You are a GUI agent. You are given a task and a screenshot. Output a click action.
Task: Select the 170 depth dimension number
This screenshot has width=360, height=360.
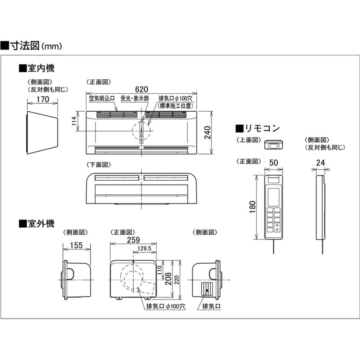[x=43, y=99]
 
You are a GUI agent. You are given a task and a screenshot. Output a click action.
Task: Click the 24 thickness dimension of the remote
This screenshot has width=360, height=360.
[x=320, y=162]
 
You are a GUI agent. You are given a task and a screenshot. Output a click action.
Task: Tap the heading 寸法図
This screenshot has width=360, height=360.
[x=26, y=45]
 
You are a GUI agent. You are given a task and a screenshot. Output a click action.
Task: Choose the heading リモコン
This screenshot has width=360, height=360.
[x=262, y=128]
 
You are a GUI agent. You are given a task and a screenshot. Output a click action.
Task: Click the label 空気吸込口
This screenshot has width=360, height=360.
[x=102, y=98]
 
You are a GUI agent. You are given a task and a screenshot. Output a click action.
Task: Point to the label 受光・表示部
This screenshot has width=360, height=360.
[x=135, y=98]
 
